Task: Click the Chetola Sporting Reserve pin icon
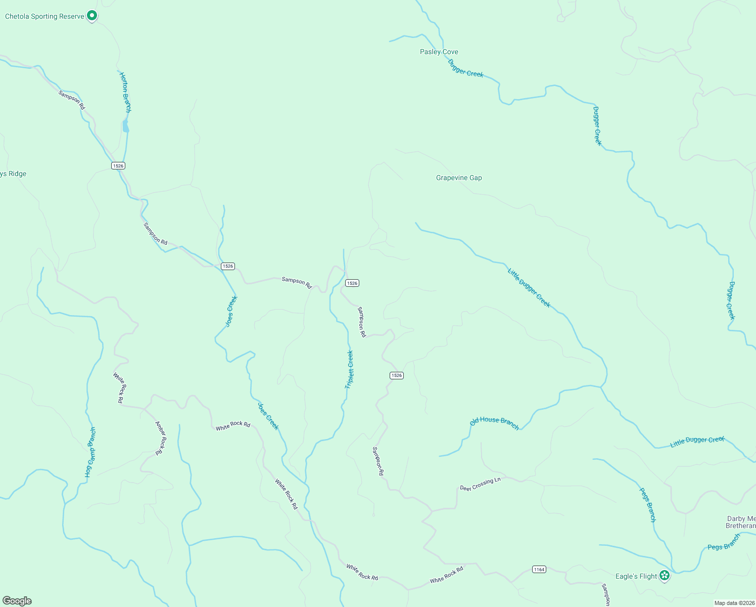coord(91,16)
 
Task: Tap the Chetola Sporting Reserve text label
coord(44,17)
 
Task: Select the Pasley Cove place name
coord(439,52)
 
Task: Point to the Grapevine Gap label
coord(459,178)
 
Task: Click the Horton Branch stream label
coord(125,92)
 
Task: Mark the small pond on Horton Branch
coord(125,126)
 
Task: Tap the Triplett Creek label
coord(349,369)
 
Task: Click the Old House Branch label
coord(494,423)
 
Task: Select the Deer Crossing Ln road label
coord(480,484)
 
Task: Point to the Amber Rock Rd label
coord(161,438)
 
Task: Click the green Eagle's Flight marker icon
coord(665,576)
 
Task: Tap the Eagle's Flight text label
coord(636,576)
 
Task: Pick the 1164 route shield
coord(539,570)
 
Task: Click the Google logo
coord(17,601)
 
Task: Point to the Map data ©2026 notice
coord(734,603)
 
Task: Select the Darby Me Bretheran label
coord(741,522)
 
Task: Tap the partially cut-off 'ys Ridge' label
coord(13,174)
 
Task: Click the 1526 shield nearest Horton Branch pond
coord(118,166)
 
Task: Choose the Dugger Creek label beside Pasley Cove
coord(465,68)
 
